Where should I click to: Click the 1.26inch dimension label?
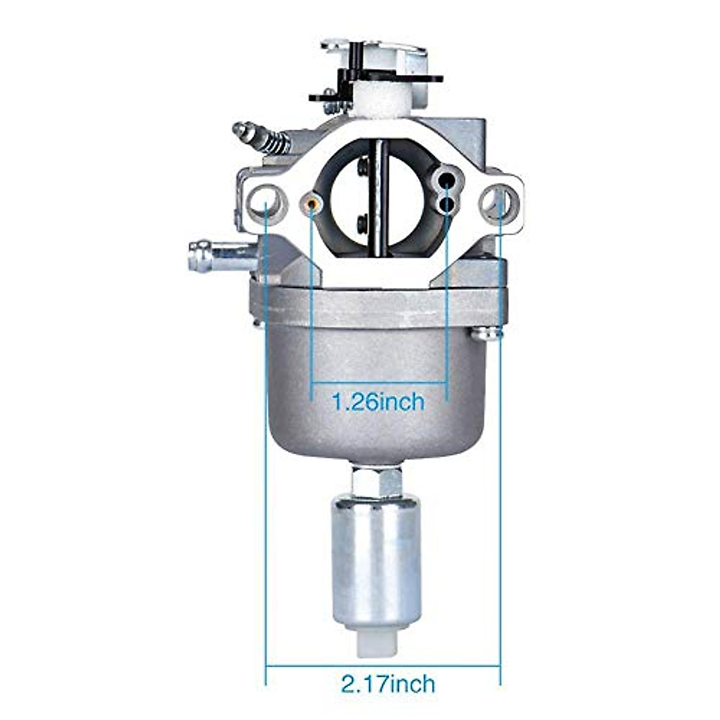click(x=379, y=401)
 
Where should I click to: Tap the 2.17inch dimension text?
click(x=388, y=683)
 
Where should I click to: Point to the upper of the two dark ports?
click(x=446, y=181)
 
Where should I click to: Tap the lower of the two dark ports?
click(x=447, y=205)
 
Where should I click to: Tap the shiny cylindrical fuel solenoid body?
click(x=376, y=552)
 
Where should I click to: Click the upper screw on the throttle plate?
click(x=363, y=167)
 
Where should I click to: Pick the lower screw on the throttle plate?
click(x=363, y=223)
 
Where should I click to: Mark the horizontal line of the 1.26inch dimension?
click(x=379, y=382)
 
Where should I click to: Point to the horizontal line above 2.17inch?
click(x=382, y=665)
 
